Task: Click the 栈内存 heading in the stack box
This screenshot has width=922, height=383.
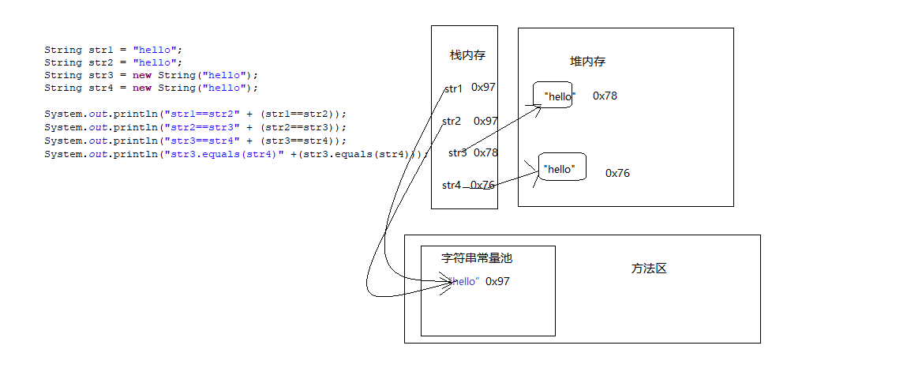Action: [467, 55]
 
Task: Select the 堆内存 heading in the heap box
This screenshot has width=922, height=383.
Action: [587, 62]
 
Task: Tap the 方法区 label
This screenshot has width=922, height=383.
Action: [649, 268]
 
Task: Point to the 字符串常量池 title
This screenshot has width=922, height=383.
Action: [477, 257]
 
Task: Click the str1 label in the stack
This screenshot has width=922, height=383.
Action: [453, 88]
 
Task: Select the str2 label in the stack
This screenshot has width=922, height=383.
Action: [451, 121]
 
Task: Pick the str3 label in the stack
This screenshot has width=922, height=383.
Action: [457, 152]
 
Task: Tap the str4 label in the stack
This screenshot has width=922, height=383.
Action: [451, 185]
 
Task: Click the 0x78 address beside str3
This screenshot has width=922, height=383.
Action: [485, 152]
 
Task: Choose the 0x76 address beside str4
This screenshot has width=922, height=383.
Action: [482, 185]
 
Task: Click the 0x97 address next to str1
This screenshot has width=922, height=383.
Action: [483, 88]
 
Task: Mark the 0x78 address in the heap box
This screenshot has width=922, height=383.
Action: [605, 96]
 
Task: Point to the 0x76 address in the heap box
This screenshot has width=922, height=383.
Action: [617, 173]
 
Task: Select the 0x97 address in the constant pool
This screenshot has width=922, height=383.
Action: [497, 281]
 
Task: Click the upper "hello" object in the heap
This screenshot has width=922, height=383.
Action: [559, 96]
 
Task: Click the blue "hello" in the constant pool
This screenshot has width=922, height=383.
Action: [465, 281]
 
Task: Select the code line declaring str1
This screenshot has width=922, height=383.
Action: [113, 50]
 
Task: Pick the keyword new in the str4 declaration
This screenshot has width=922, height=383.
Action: [142, 88]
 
